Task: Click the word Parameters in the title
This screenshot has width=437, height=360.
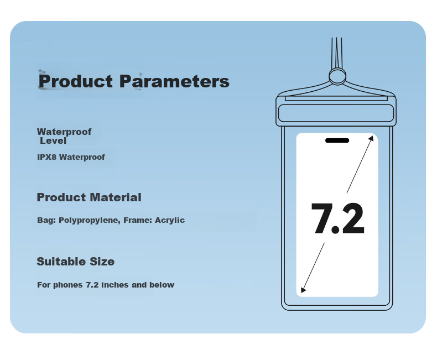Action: click(174, 81)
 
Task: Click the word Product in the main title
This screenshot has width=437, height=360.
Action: click(76, 81)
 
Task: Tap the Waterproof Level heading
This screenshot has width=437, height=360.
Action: click(64, 136)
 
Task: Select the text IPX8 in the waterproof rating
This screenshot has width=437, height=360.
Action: click(47, 157)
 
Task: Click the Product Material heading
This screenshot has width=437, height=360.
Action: click(89, 197)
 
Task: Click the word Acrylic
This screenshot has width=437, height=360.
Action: click(170, 220)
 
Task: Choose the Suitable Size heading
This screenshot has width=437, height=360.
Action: click(76, 262)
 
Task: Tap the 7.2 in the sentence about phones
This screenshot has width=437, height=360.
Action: click(92, 285)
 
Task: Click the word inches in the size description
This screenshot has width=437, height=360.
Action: click(115, 285)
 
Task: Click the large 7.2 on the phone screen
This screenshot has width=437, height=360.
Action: click(337, 218)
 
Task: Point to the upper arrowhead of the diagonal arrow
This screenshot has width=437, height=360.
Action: click(371, 139)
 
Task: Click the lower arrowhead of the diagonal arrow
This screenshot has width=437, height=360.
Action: click(304, 290)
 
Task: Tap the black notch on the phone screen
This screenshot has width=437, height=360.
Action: click(337, 140)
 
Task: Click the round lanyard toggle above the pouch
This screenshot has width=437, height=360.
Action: click(337, 76)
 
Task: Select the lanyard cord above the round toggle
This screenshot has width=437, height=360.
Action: click(337, 53)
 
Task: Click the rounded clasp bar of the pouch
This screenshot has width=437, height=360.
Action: click(336, 113)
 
